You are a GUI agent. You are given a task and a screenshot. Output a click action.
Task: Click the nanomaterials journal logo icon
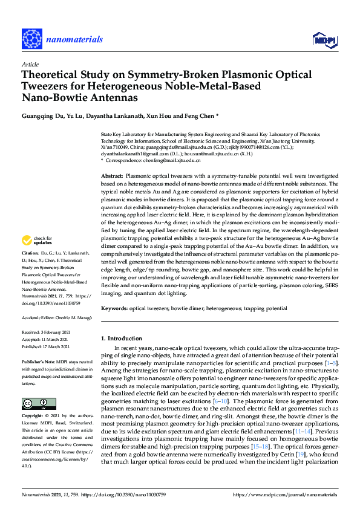pyautogui.click(x=31, y=38)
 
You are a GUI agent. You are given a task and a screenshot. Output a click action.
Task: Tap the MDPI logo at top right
pyautogui.click(x=324, y=39)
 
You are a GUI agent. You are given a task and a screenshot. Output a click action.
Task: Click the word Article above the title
pyautogui.click(x=29, y=64)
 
